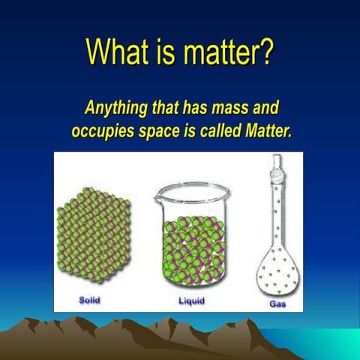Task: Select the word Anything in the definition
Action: pos(115,107)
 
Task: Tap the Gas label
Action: pos(277,304)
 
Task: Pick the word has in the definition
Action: pos(193,107)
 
